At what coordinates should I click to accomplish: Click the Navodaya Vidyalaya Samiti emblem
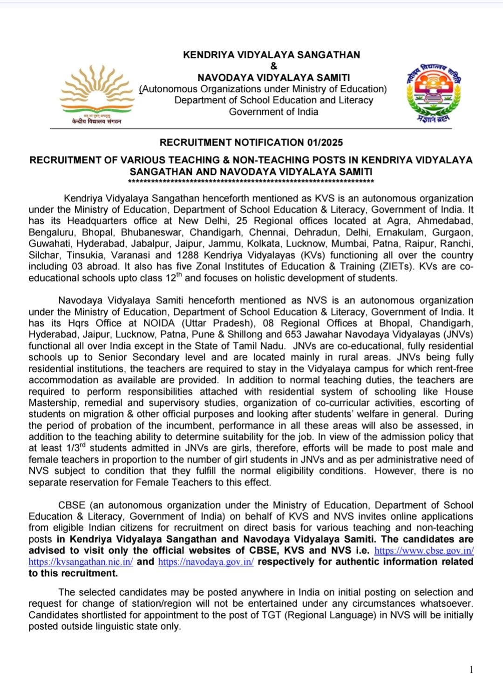434,93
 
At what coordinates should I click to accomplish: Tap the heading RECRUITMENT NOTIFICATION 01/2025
251,142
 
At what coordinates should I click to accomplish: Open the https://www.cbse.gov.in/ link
424,550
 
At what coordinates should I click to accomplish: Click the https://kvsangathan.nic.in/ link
81,562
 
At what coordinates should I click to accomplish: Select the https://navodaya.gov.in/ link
206,562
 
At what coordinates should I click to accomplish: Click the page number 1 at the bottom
471,670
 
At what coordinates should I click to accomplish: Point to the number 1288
188,255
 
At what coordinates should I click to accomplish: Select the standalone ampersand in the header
273,66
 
